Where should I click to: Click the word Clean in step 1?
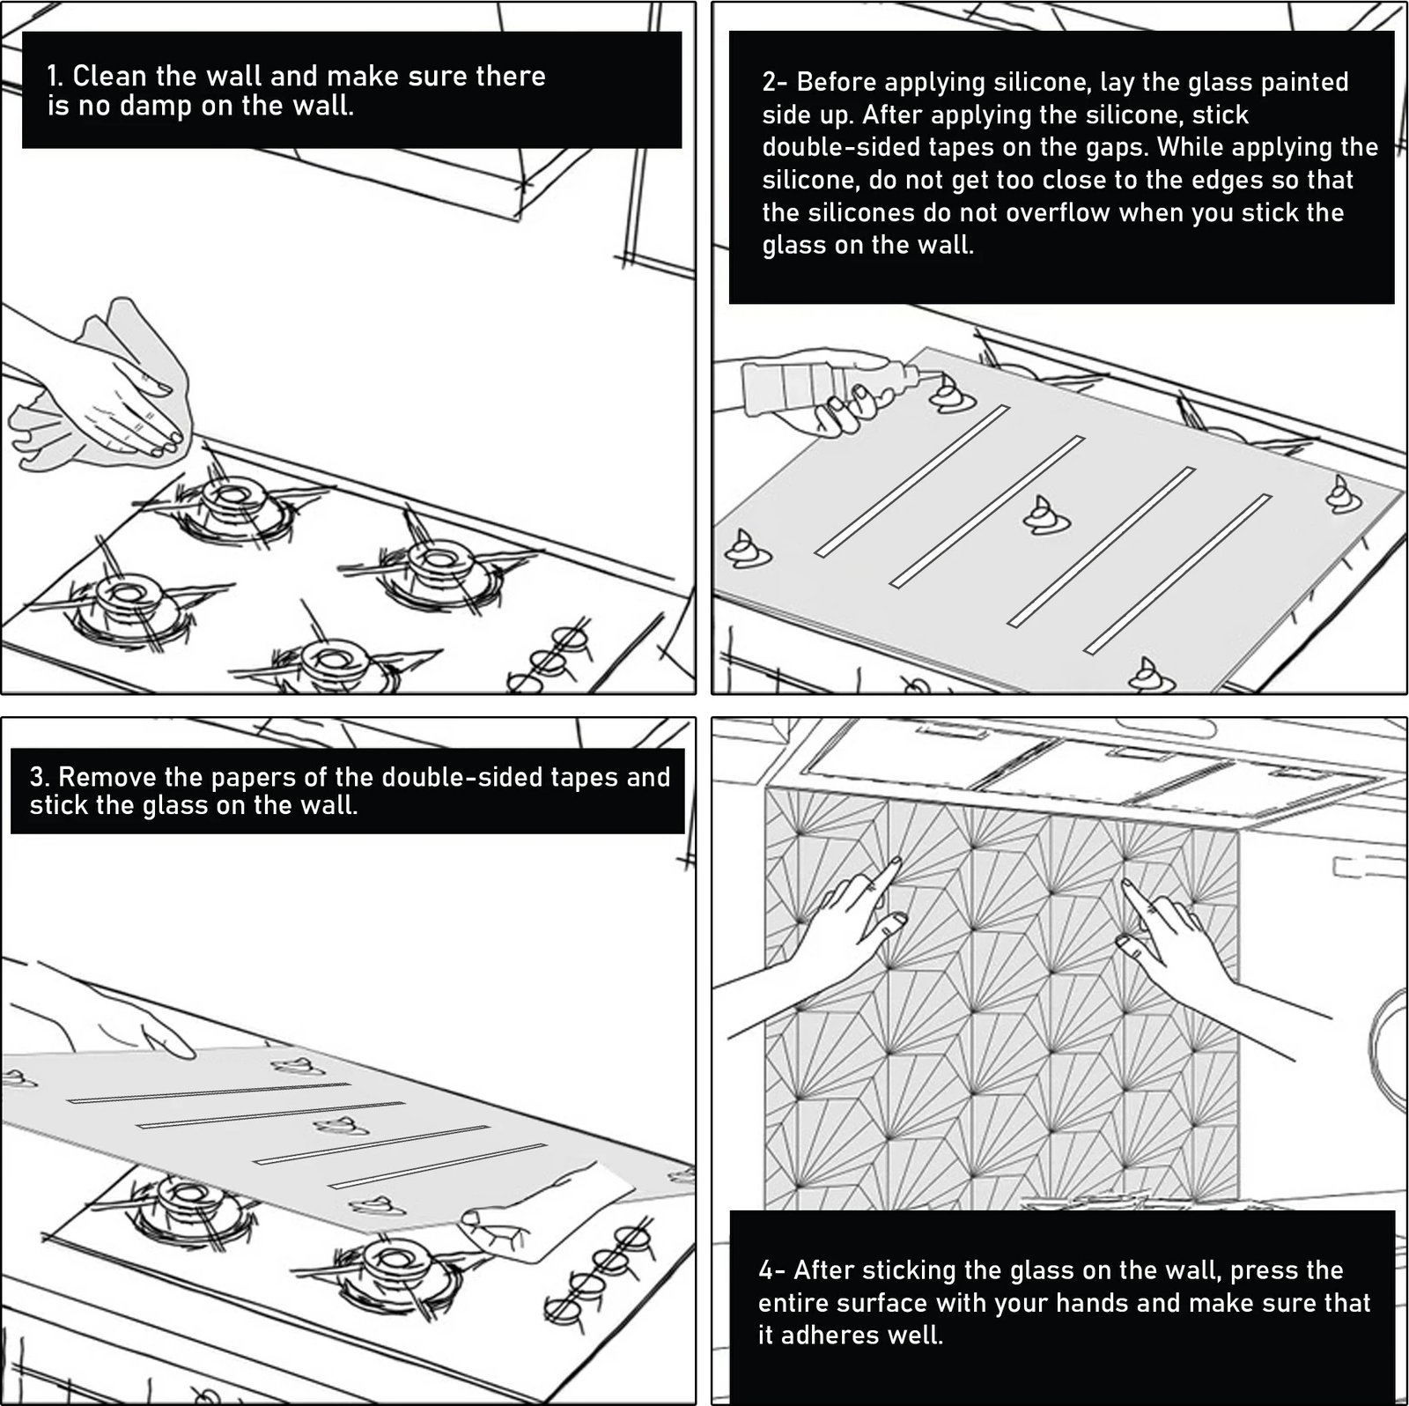pos(109,76)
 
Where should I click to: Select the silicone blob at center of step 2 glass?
pos(1046,514)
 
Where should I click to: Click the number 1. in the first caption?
pos(55,76)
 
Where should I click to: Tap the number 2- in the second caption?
pos(775,82)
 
